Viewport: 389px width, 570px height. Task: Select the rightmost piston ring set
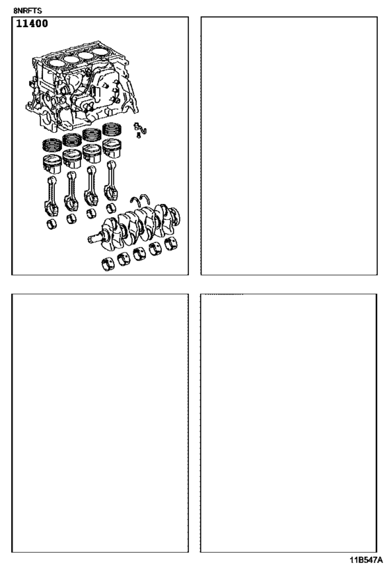113,130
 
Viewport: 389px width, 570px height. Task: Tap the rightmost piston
112,149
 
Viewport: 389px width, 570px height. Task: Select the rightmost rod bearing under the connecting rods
111,208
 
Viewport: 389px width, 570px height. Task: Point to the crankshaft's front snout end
94,241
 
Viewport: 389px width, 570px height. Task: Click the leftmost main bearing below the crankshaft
108,265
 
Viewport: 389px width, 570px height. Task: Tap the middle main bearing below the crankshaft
139,254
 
